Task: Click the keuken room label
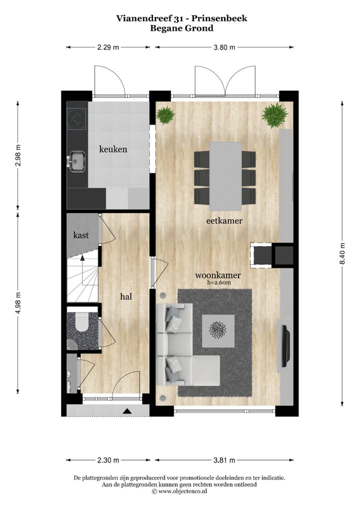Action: pos(113,149)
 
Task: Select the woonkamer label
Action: pos(218,275)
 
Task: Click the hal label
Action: pos(126,296)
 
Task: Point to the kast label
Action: pos(81,234)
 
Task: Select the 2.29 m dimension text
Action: pos(108,47)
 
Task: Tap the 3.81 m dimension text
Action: pos(224,460)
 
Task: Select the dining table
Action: pos(225,175)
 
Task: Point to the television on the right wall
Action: pos(285,345)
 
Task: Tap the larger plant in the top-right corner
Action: pos(274,115)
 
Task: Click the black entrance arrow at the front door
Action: pos(127,411)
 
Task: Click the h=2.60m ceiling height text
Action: pos(218,282)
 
